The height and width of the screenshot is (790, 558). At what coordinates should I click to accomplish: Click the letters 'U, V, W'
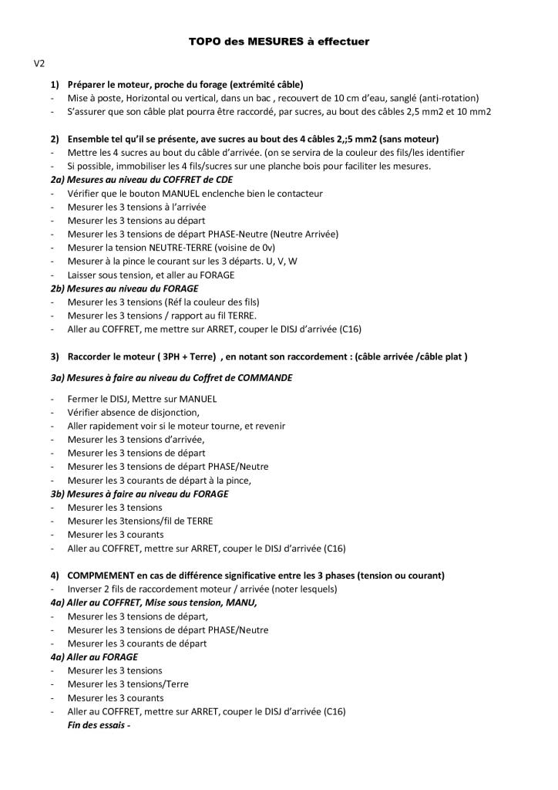[281, 261]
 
